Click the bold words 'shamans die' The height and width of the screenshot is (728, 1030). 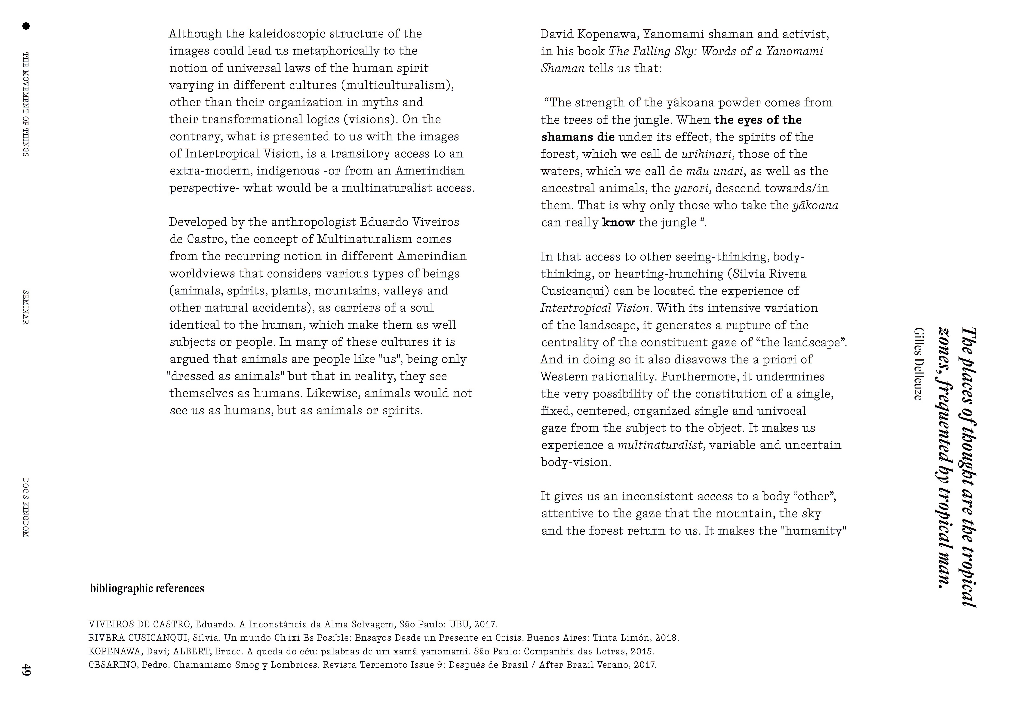(578, 137)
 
